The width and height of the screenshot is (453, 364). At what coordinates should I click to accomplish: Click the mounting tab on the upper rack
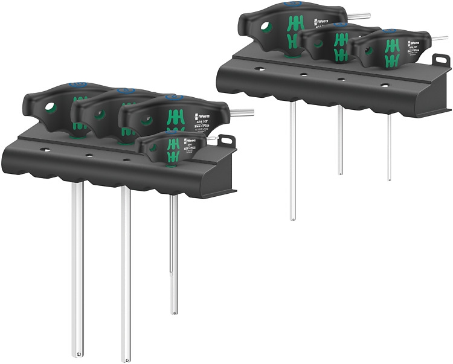pyautogui.click(x=441, y=60)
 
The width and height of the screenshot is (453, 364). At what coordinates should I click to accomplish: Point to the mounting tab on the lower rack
pyautogui.click(x=226, y=141)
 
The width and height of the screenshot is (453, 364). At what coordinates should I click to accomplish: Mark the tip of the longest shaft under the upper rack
pyautogui.click(x=293, y=217)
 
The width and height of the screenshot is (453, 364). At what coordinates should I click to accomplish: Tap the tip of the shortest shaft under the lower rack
pyautogui.click(x=174, y=312)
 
